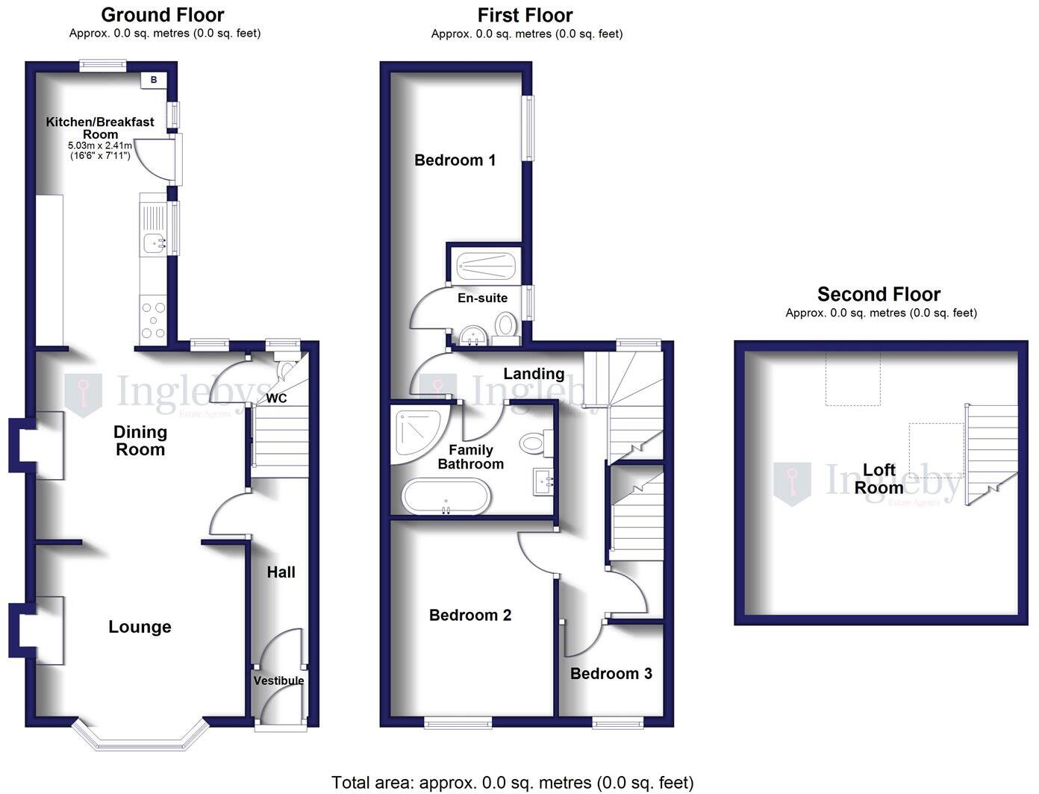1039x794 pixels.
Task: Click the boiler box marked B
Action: pos(154,80)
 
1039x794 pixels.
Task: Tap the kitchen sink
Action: pos(155,241)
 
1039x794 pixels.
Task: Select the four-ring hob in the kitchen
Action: pos(153,319)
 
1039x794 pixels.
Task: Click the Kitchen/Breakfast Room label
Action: pos(100,128)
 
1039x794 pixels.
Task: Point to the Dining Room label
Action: pos(140,440)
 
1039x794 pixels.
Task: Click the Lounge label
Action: pos(140,627)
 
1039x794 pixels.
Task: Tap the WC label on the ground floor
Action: pos(276,398)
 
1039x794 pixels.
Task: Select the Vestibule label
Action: pos(278,681)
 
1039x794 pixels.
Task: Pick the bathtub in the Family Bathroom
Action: pos(446,497)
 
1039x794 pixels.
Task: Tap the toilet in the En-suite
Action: pos(506,326)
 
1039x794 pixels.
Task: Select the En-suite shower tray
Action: pos(485,264)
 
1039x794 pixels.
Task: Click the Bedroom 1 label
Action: pos(455,160)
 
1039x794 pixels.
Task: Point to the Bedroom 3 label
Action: pos(611,674)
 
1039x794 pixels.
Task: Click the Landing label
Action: pos(533,374)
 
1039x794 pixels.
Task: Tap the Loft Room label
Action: pos(879,478)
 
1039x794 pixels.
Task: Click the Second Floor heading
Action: pos(879,294)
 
